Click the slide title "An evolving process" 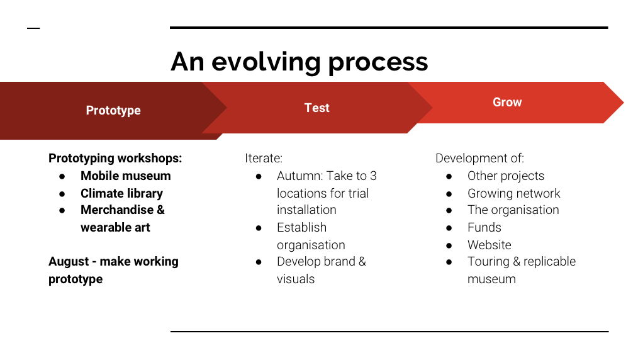(299, 62)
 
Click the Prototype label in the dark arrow (113, 110)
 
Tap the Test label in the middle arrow (317, 108)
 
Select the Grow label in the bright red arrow (507, 102)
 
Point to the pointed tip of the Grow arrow (624, 103)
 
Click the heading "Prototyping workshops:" (115, 158)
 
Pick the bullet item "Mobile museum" (126, 176)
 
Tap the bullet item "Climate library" (121, 193)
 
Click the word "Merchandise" (117, 210)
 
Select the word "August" (69, 262)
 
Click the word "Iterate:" (264, 158)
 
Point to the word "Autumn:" (300, 176)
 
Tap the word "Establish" (302, 227)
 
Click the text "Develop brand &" (322, 262)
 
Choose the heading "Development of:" (479, 158)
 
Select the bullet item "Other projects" (506, 176)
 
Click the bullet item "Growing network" (514, 193)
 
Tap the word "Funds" (484, 227)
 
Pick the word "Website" (490, 245)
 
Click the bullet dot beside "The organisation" (449, 211)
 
